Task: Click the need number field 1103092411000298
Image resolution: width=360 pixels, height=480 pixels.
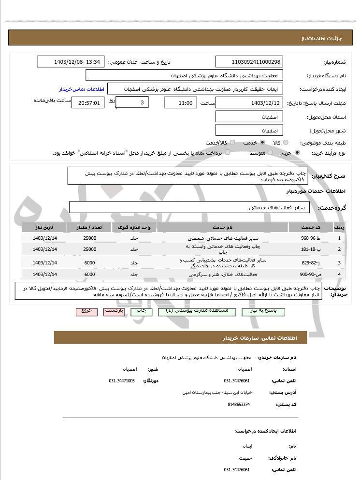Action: tap(249, 62)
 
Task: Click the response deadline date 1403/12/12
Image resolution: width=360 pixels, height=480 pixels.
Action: tap(249, 103)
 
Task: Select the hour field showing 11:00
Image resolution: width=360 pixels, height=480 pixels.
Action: tap(180, 103)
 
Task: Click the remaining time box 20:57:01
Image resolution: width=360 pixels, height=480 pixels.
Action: tap(87, 103)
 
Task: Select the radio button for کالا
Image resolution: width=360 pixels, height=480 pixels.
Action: tap(286, 143)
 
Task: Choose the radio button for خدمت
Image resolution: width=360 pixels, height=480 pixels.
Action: tap(262, 143)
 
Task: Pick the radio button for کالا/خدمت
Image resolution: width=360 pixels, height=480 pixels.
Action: tap(232, 143)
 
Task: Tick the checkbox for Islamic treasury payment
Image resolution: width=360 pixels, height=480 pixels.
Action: tap(228, 153)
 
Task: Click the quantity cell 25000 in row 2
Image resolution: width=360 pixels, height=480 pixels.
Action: tap(89, 249)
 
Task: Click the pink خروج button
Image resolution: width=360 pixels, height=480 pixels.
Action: tap(86, 311)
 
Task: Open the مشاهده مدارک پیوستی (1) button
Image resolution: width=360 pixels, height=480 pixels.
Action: tap(197, 311)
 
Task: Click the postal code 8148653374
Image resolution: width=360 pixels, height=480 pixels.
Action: tap(239, 404)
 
